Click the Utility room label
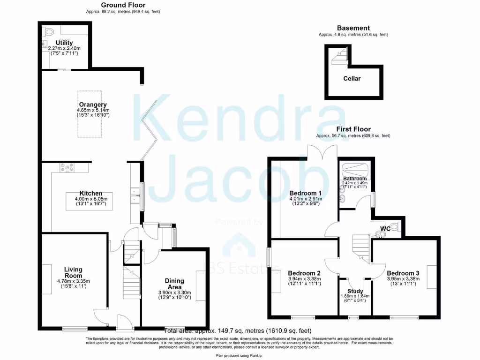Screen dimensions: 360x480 click(x=64, y=43)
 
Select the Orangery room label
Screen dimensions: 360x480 click(x=92, y=105)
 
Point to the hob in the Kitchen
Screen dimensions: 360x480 click(x=66, y=167)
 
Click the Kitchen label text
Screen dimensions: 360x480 click(x=91, y=194)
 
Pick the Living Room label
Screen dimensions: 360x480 click(x=73, y=272)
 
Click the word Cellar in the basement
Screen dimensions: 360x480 click(x=352, y=78)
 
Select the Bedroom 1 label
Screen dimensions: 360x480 click(x=305, y=193)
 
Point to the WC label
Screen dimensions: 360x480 click(x=385, y=229)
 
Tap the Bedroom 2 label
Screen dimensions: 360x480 click(x=304, y=273)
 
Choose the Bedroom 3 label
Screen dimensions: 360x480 click(x=403, y=273)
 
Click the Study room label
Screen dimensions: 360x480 click(x=355, y=291)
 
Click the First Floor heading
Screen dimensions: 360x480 click(x=353, y=129)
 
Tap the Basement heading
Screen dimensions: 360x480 click(x=353, y=28)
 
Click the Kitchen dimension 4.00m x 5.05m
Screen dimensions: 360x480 click(x=91, y=199)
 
